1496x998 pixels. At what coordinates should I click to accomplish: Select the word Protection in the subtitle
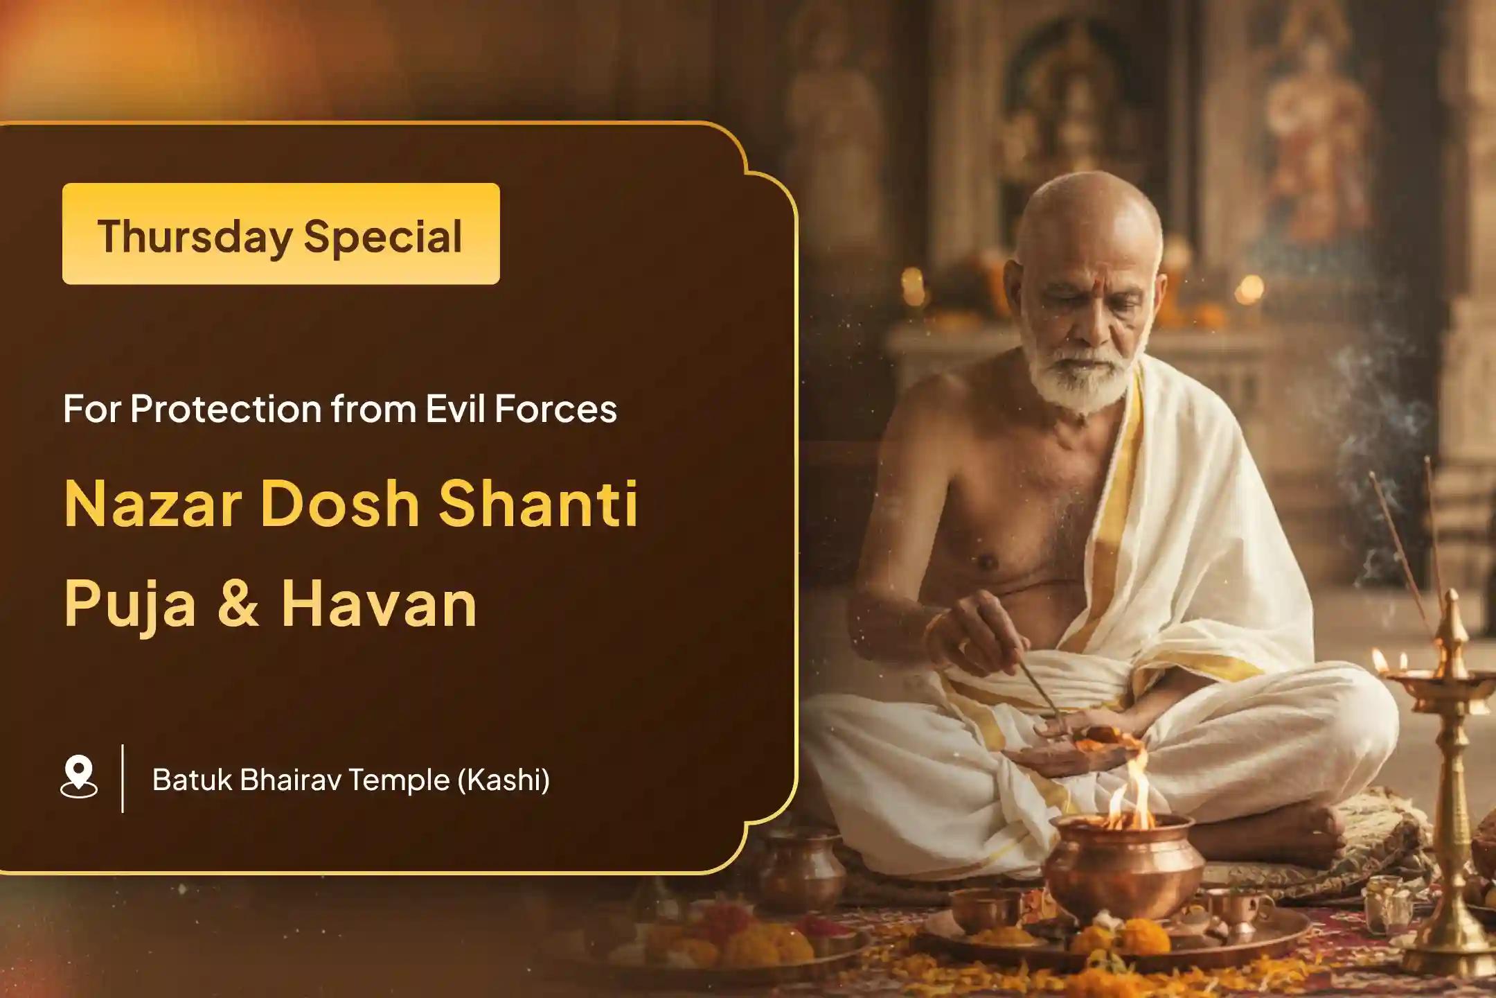coord(226,408)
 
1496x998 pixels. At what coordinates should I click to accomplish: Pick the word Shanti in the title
coord(538,504)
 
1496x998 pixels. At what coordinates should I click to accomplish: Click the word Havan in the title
coord(379,603)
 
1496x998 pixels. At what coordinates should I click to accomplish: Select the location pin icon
coord(79,778)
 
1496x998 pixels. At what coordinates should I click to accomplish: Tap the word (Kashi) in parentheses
coord(504,780)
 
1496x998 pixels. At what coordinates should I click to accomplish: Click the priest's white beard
coord(1080,371)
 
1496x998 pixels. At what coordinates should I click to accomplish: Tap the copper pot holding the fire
coord(1122,866)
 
